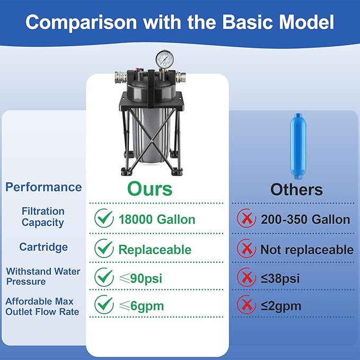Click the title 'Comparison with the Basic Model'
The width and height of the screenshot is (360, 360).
(x=180, y=22)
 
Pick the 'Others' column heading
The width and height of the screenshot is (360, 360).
(x=296, y=189)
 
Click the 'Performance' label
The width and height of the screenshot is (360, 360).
(x=43, y=187)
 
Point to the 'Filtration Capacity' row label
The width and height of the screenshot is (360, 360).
(x=43, y=217)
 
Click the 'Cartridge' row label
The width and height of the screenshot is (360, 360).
(x=43, y=247)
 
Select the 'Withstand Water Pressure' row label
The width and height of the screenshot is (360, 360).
(x=43, y=276)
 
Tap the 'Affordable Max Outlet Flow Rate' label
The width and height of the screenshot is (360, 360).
(x=42, y=306)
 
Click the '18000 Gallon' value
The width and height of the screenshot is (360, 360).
(x=157, y=219)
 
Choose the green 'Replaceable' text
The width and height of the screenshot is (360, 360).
(x=155, y=249)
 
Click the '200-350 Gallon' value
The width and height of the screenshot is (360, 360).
(x=305, y=219)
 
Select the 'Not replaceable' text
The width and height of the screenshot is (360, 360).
(x=306, y=249)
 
